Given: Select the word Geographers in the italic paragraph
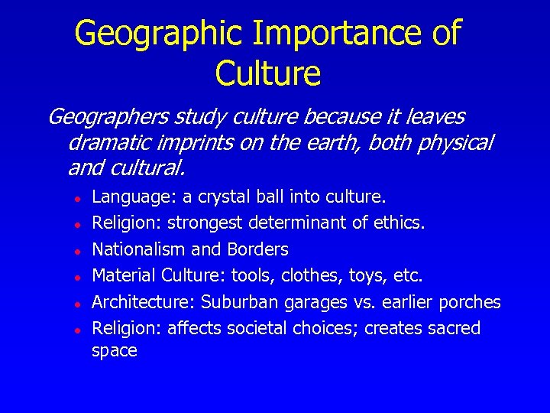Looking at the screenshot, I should [x=107, y=117].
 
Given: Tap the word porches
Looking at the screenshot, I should [x=471, y=302].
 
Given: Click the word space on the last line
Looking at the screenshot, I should [x=114, y=352].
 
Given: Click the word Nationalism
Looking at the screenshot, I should [x=137, y=249].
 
